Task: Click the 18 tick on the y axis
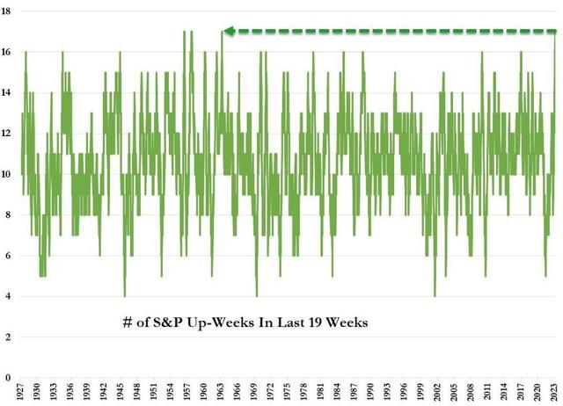point(7,11)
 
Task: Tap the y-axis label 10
point(7,174)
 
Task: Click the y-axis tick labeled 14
point(7,93)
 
